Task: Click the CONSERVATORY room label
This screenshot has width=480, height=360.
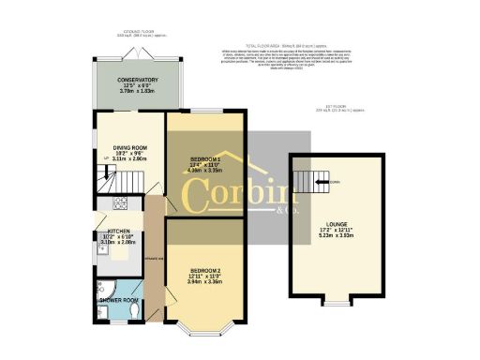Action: [x=131, y=80]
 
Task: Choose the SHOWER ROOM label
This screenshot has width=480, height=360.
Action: [x=120, y=301]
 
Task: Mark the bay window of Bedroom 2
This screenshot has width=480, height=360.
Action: [x=203, y=329]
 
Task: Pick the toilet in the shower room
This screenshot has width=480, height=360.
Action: [x=131, y=313]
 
